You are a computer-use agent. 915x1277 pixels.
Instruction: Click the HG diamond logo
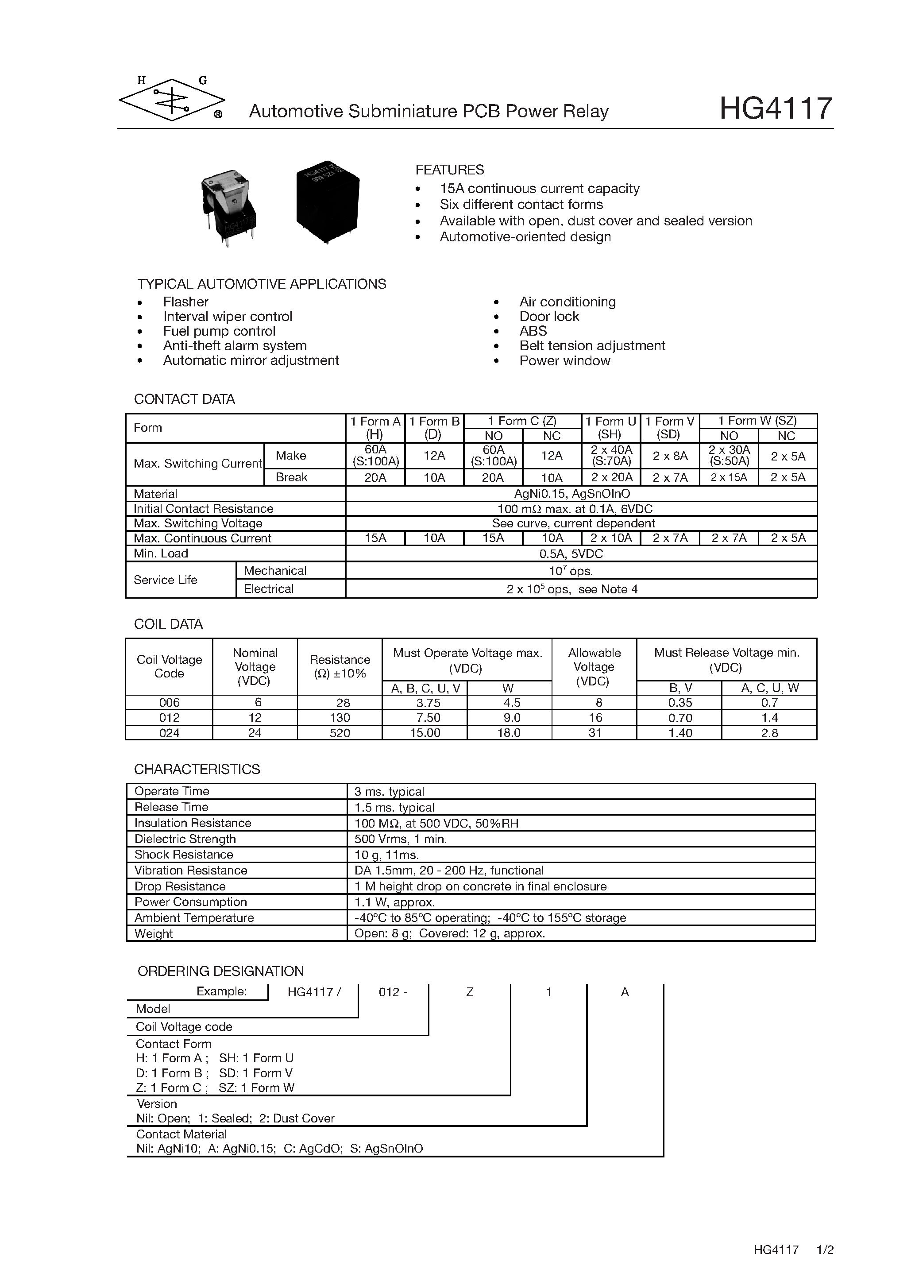tap(172, 100)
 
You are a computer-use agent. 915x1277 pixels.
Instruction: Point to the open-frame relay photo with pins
tap(228, 207)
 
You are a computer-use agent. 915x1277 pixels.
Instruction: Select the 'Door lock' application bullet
tap(548, 317)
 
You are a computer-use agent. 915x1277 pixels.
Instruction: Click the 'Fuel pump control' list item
tap(219, 331)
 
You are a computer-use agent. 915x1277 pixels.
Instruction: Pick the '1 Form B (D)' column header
tap(434, 428)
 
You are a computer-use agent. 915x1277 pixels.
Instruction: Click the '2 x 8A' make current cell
tap(670, 456)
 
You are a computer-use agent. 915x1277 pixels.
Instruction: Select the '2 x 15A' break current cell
tap(728, 477)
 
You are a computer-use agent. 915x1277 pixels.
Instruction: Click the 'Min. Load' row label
tap(161, 553)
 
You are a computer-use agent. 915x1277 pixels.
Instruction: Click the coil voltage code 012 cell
tap(170, 718)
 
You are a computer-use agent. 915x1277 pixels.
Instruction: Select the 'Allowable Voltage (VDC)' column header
tap(594, 667)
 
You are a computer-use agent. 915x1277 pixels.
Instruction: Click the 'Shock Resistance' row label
tap(183, 855)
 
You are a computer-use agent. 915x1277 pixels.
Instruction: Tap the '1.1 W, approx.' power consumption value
tap(394, 902)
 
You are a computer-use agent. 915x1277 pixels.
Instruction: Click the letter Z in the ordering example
tap(470, 993)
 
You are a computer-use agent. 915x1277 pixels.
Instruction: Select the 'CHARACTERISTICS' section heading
tap(197, 769)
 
